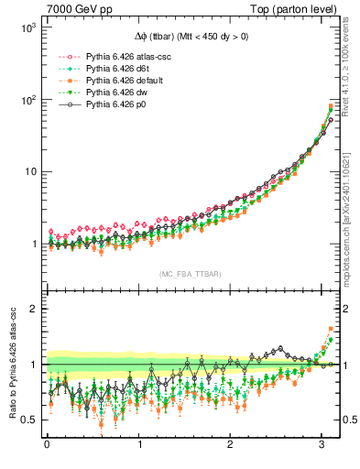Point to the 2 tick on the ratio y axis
(32, 309)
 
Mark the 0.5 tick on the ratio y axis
(27, 420)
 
